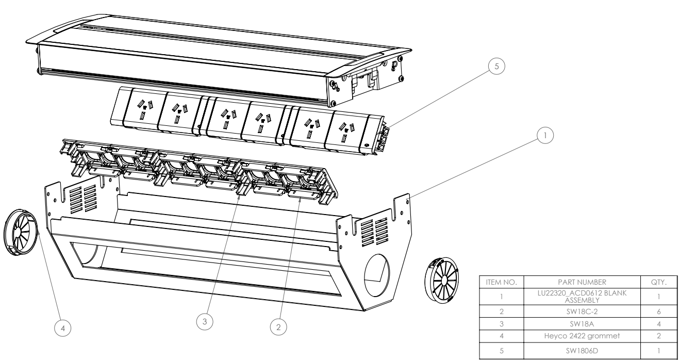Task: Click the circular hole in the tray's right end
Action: (x=379, y=271)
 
